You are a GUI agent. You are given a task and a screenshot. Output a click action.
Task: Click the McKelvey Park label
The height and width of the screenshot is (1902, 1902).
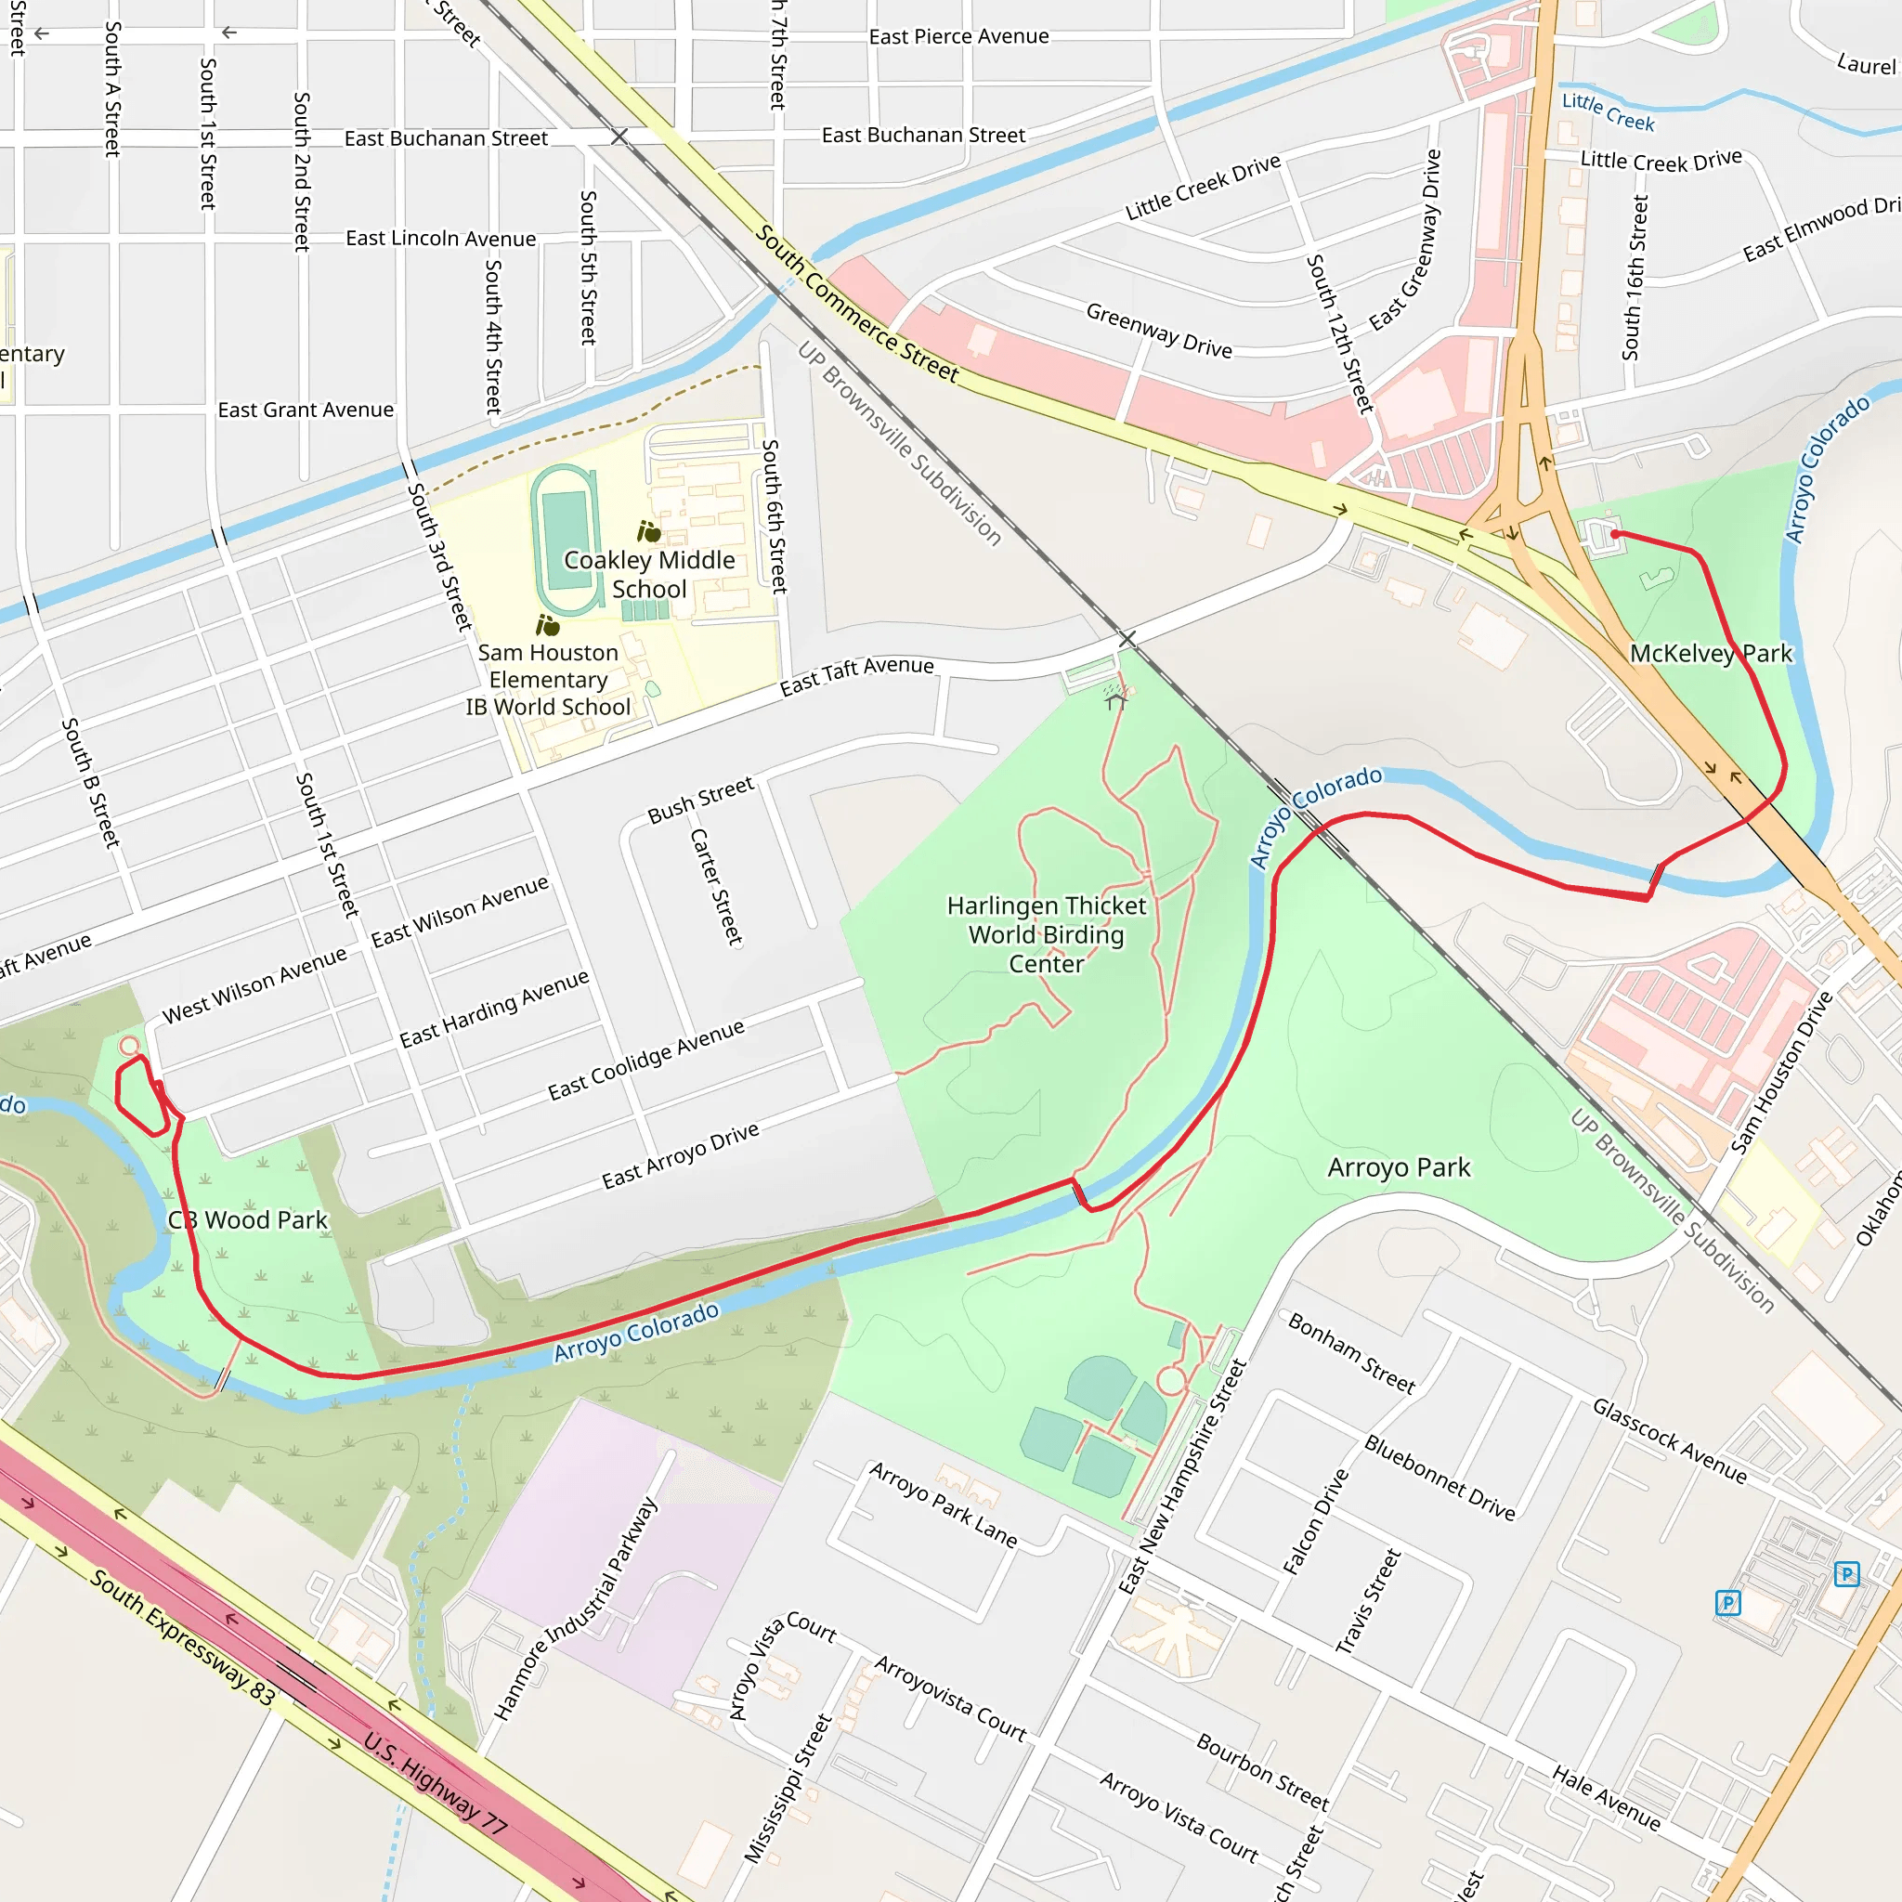(x=1711, y=654)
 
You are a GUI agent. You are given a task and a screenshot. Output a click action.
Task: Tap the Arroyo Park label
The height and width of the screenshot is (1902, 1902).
(x=1398, y=1167)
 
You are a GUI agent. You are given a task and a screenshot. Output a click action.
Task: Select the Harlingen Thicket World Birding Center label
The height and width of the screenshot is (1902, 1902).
(x=1046, y=934)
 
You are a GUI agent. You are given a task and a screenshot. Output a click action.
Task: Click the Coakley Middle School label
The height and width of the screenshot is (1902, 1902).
(x=649, y=574)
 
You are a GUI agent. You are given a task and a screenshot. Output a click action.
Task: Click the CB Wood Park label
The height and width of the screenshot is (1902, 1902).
(x=247, y=1219)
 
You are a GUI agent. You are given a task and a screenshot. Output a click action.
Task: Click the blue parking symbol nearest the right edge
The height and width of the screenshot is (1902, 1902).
(x=1847, y=1574)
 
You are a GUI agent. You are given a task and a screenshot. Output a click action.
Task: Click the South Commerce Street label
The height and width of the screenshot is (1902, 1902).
(x=855, y=303)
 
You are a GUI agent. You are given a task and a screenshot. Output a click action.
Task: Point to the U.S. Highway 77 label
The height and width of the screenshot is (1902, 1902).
(x=436, y=1783)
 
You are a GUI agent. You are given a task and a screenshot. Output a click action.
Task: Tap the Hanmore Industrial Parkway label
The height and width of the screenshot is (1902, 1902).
(x=576, y=1609)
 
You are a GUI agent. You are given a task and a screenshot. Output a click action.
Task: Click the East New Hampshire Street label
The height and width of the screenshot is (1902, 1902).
(x=1182, y=1477)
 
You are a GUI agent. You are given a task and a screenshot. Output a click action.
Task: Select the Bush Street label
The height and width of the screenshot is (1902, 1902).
(x=700, y=800)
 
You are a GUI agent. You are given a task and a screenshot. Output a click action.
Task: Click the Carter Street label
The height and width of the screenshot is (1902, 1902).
(x=716, y=886)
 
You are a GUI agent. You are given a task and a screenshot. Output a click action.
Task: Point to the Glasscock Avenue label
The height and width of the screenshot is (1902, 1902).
(x=1670, y=1441)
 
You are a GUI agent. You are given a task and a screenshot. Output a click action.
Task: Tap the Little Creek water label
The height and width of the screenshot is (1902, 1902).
(x=1608, y=111)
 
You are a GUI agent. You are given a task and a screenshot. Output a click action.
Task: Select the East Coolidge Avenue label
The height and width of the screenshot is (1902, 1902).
(x=645, y=1061)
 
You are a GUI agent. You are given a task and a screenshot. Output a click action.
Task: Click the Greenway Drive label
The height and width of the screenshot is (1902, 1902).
(x=1159, y=330)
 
